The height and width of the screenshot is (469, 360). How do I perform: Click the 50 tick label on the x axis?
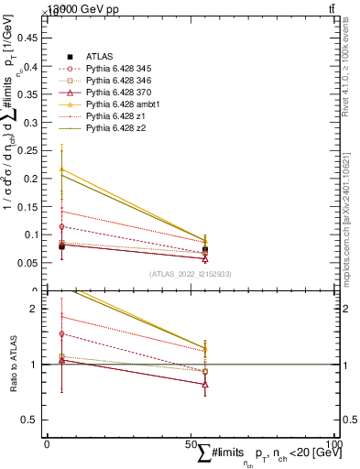coord(190,443)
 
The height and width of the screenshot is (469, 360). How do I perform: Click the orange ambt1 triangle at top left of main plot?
coord(61,169)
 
